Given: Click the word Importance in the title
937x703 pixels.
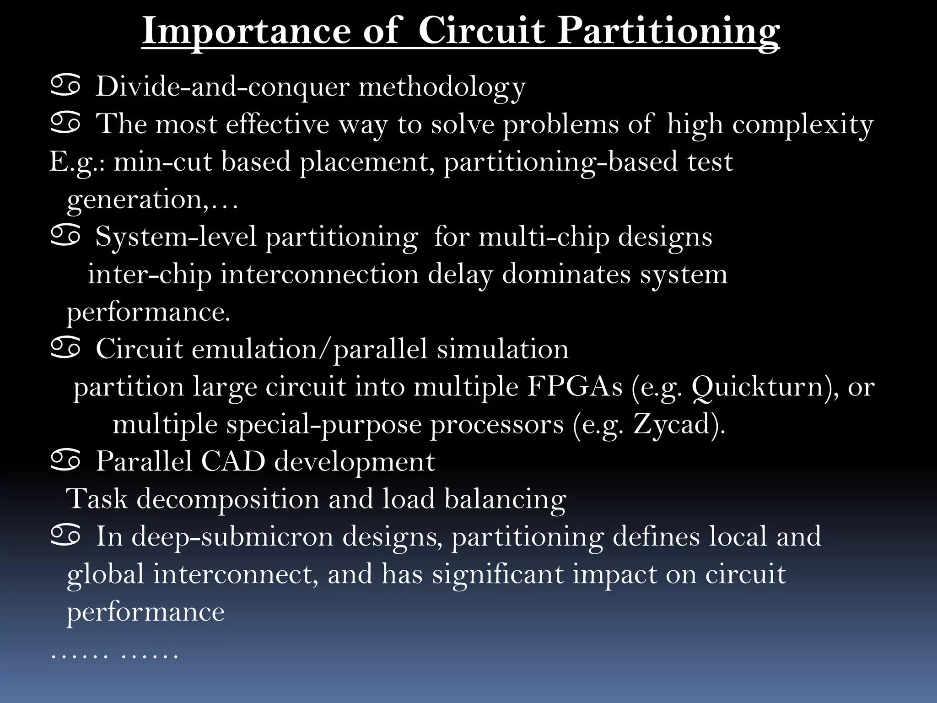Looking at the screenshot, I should (246, 31).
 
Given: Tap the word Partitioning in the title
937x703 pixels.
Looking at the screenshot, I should (668, 31).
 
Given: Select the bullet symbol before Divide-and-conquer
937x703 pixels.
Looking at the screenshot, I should (65, 86).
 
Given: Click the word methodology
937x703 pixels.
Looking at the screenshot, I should (442, 87).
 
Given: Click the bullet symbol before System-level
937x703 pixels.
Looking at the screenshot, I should (65, 236).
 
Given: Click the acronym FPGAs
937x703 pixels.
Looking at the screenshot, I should (575, 387).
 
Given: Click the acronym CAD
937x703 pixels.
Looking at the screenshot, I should (233, 461).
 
